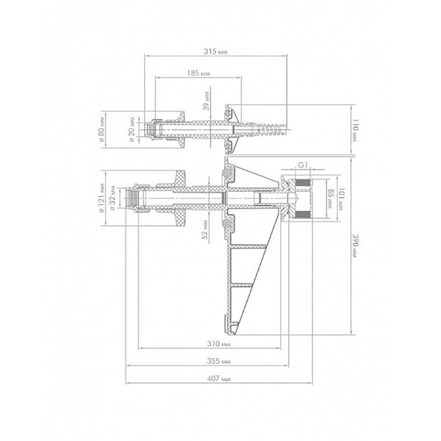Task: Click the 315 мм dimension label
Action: coord(215,51)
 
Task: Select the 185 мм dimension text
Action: coord(198,73)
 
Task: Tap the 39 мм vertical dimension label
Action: coord(207,101)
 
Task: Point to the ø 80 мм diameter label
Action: coord(102,129)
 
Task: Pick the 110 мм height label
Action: coord(356,130)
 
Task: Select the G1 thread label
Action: coord(302,165)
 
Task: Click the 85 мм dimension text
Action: coord(331,198)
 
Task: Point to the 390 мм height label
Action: coord(356,245)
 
